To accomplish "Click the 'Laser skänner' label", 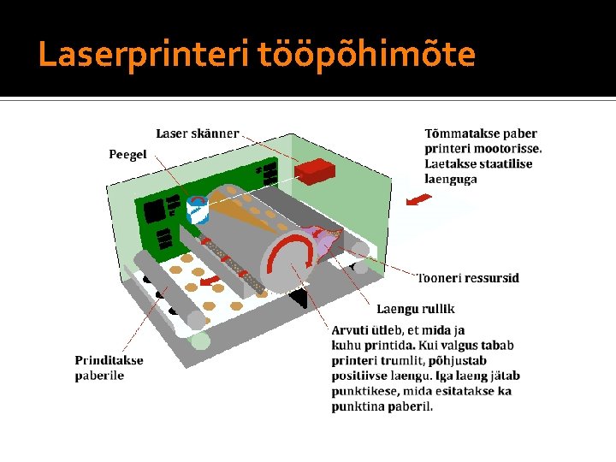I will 197,133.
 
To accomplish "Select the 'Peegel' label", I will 127,155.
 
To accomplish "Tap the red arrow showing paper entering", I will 418,200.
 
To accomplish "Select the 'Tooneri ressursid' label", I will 468,278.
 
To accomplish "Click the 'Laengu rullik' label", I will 416,309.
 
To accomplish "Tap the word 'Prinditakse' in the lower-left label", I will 109,360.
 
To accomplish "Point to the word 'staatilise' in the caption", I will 505,164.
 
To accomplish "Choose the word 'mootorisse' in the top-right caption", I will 505,149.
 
